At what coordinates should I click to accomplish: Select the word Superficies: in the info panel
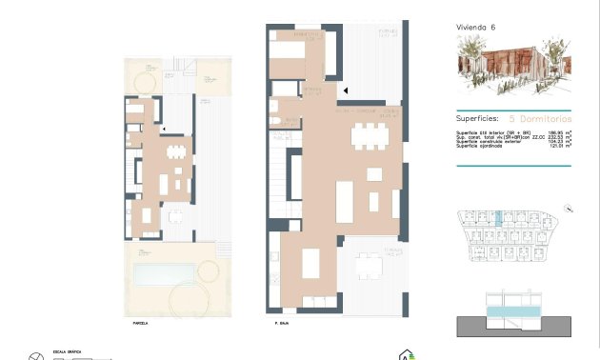[479, 119]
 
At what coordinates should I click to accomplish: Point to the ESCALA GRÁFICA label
[65, 350]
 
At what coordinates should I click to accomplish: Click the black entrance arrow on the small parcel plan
[165, 128]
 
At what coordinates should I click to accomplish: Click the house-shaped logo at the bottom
[410, 353]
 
